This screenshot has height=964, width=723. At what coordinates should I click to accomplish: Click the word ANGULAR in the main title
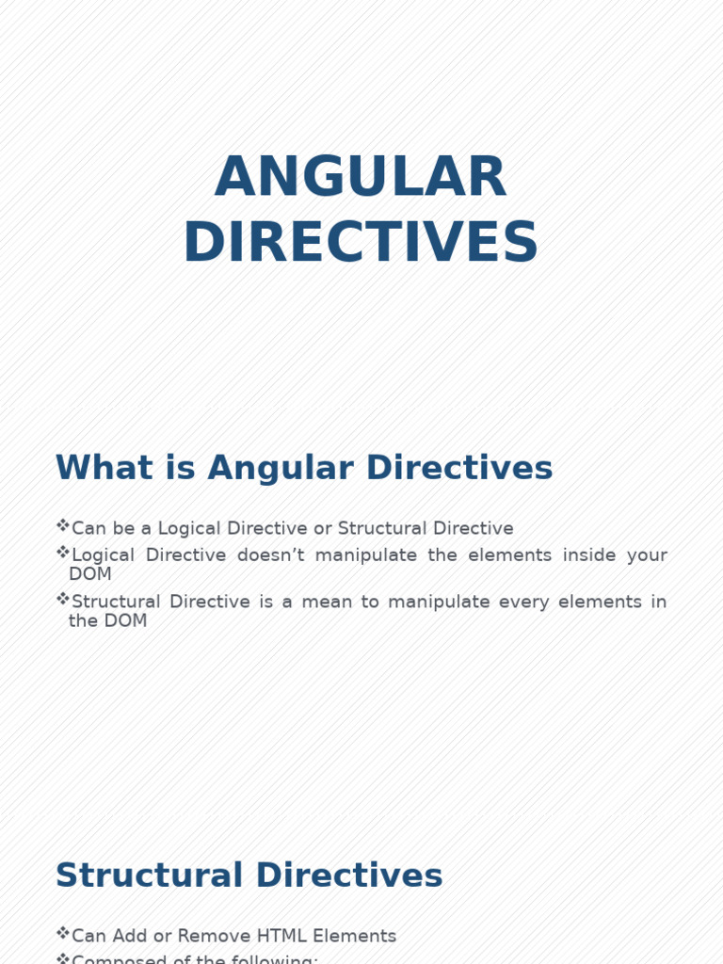(x=361, y=177)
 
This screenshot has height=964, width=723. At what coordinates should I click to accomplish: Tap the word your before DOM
(x=645, y=555)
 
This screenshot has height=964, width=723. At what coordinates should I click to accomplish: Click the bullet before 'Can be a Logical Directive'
(x=63, y=526)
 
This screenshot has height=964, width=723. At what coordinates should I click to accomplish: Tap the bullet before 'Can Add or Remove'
(x=63, y=934)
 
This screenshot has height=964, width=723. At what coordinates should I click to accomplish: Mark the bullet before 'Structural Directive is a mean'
(x=63, y=600)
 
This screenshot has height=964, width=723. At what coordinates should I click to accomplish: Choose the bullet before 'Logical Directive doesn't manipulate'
(x=63, y=553)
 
